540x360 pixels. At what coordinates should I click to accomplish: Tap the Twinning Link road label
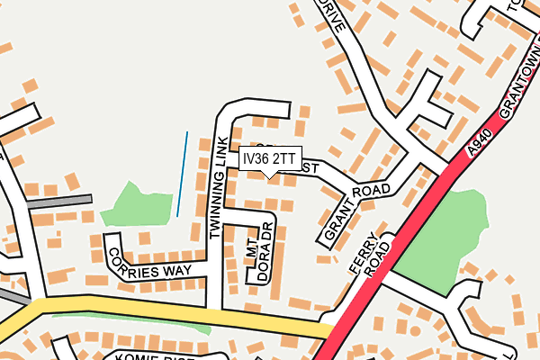[215, 187]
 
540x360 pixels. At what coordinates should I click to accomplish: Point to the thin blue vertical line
[183, 174]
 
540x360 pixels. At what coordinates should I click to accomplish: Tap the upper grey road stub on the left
[59, 202]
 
